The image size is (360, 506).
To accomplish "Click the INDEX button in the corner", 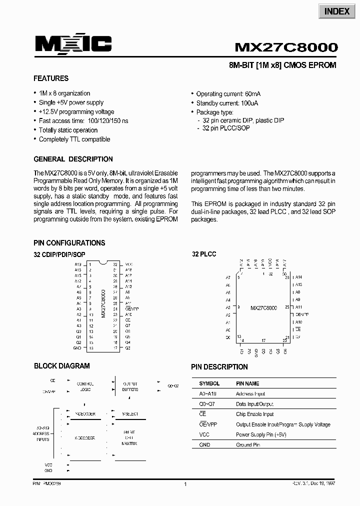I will click(x=336, y=11).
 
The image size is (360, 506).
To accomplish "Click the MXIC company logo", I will click(x=73, y=45).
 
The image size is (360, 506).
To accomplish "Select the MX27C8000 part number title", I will click(x=286, y=47).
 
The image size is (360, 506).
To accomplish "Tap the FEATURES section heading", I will click(x=51, y=78).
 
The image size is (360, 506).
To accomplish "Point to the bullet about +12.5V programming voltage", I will click(x=76, y=112).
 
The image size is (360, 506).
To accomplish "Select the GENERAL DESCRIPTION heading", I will click(x=73, y=159).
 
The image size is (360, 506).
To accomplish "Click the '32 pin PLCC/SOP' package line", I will click(x=226, y=128).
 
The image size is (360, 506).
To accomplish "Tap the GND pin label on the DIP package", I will click(x=77, y=348).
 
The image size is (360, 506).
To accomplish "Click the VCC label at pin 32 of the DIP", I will click(x=128, y=264).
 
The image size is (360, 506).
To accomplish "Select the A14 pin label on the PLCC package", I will click(x=298, y=277).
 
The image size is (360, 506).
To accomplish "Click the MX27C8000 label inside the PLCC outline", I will click(x=263, y=308).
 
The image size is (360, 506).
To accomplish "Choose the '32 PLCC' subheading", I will click(x=204, y=254).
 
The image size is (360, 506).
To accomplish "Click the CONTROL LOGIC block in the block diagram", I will click(x=85, y=386).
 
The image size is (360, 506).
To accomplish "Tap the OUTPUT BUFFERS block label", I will click(x=130, y=386).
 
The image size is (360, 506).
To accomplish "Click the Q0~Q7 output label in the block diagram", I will click(x=173, y=386).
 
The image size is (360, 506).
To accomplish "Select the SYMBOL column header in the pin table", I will click(x=209, y=383).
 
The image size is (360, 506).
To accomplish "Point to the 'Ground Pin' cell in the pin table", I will click(x=247, y=444).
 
